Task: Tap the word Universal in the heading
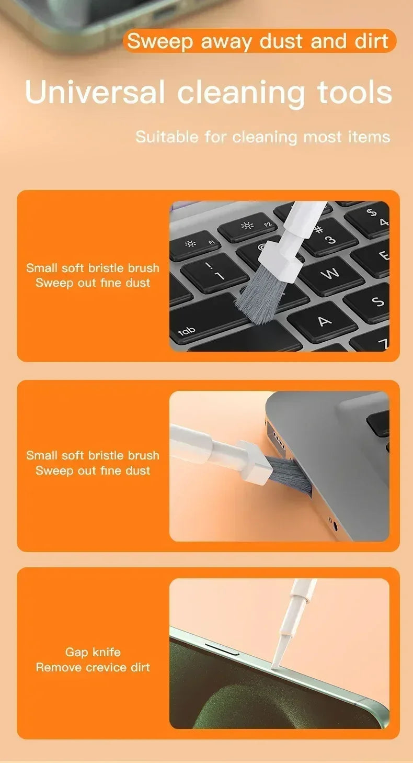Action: [x=95, y=92]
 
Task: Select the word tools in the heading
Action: [x=355, y=92]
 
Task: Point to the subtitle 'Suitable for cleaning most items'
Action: [x=262, y=137]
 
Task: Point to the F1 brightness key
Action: [x=194, y=245]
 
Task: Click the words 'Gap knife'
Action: [x=93, y=652]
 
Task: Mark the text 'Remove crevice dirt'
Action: [x=93, y=667]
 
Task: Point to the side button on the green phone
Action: [x=223, y=649]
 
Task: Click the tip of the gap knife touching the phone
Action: [x=273, y=666]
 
